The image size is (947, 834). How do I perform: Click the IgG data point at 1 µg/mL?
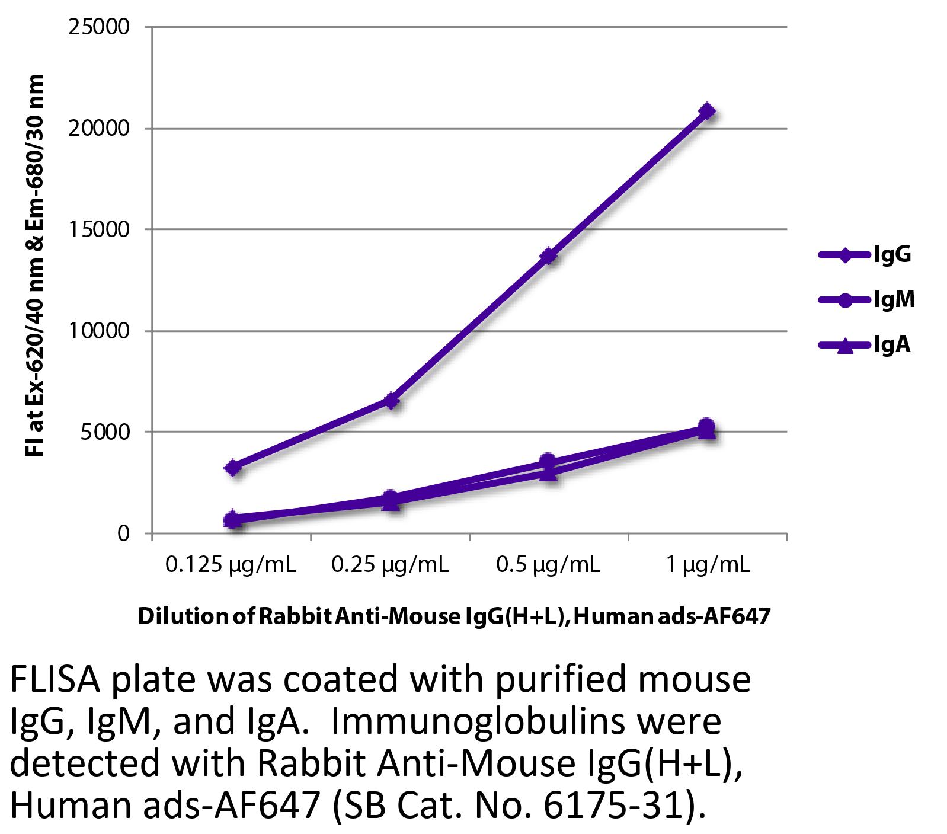click(706, 111)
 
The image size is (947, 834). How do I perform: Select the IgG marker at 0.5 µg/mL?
click(549, 255)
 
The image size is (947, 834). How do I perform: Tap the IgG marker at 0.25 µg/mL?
click(391, 401)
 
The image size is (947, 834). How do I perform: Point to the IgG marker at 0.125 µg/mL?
click(233, 468)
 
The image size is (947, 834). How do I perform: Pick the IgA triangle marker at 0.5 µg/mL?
click(549, 473)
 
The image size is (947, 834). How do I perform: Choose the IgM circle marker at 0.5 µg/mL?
click(548, 461)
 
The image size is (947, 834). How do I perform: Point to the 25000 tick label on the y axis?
click(99, 27)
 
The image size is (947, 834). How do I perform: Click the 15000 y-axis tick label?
click(99, 229)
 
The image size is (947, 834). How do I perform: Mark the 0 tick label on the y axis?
click(123, 533)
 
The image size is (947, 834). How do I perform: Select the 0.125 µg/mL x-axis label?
click(231, 565)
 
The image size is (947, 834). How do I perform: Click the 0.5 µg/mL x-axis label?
click(548, 565)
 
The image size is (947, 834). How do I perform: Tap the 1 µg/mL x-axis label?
click(708, 565)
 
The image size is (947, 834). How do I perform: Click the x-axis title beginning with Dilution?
click(454, 617)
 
